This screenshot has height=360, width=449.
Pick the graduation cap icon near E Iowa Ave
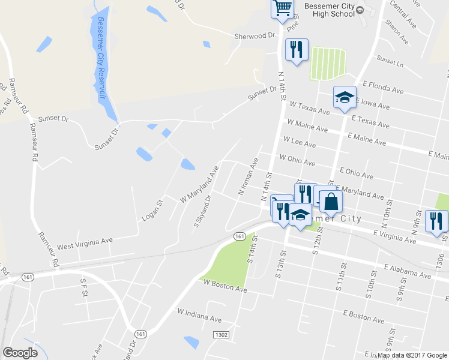345,97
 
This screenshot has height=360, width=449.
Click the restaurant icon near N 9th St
435,220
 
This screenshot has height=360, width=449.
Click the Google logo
20,353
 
